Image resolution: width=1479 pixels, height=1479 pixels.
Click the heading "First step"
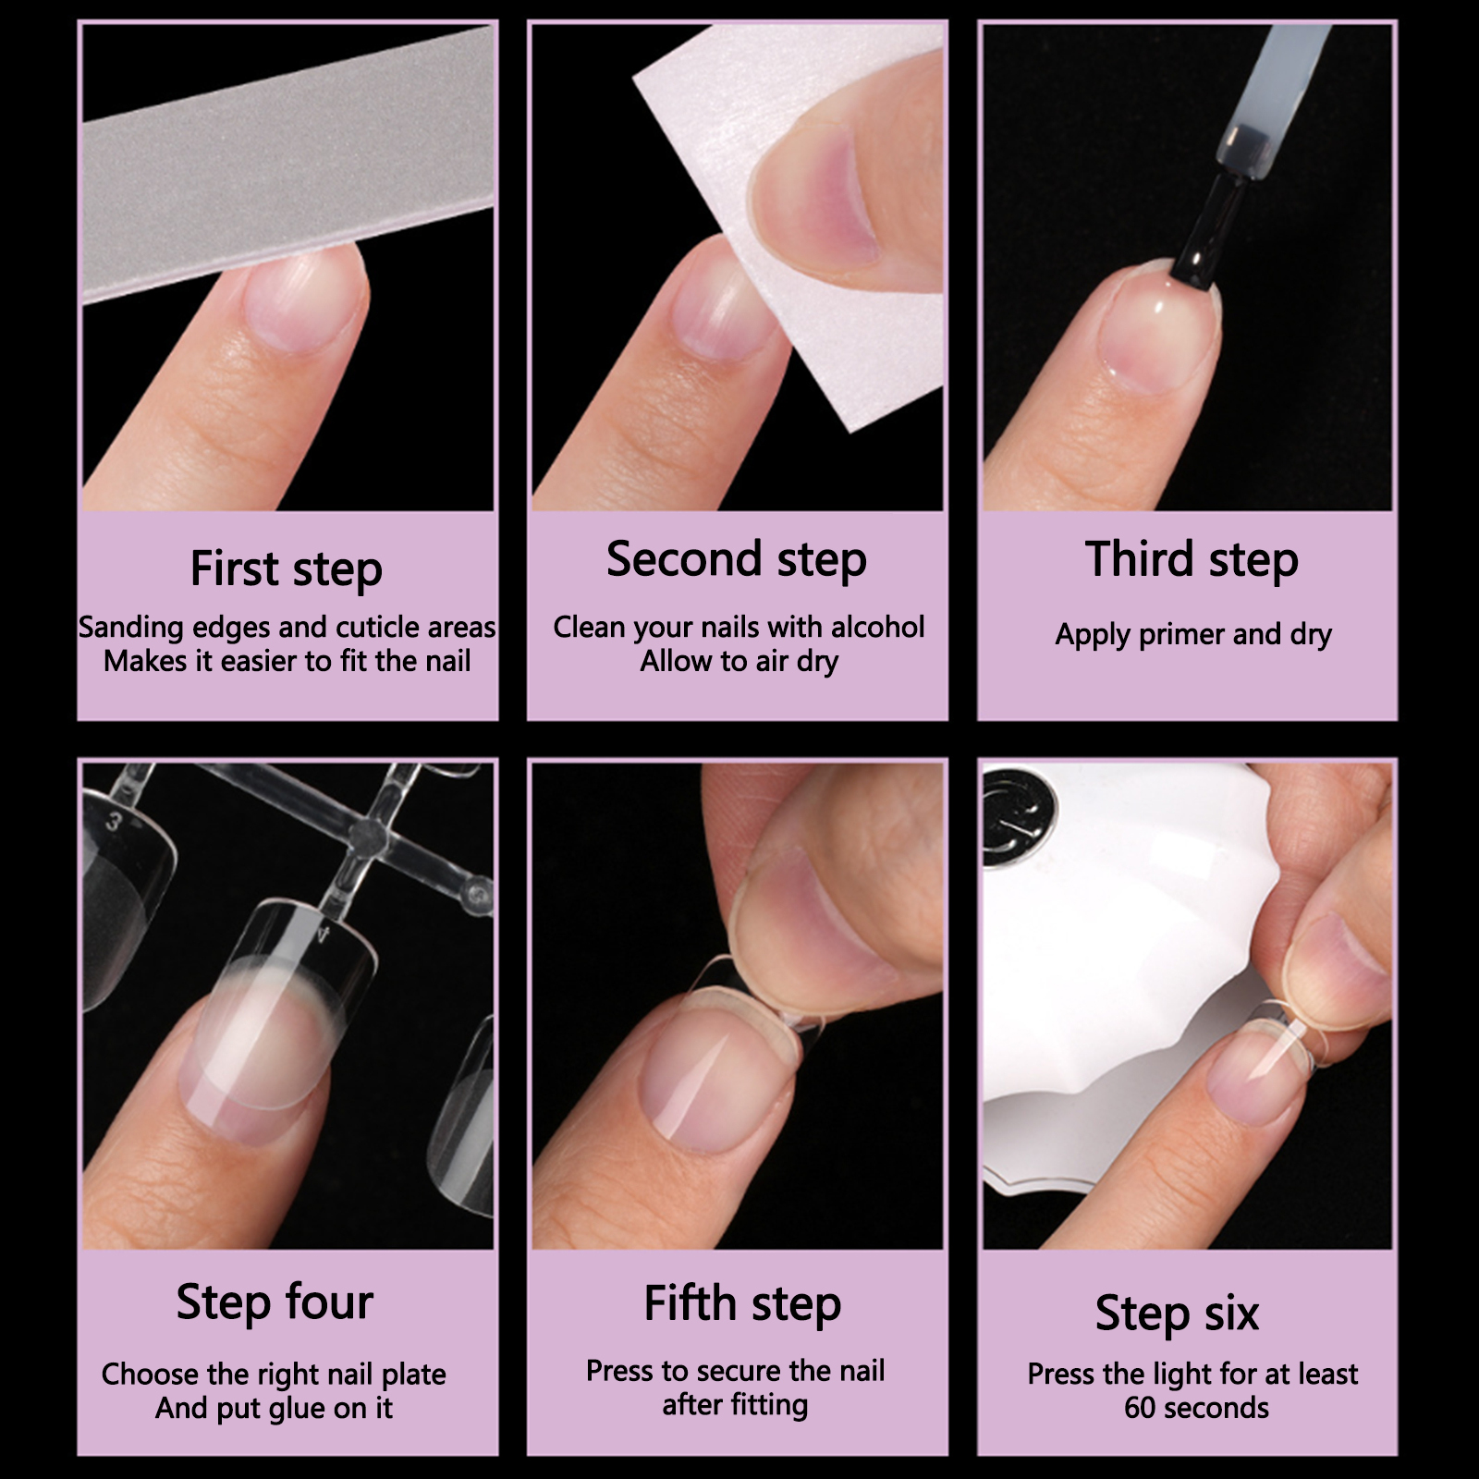point(287,568)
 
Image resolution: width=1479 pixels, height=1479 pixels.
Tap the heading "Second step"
point(737,559)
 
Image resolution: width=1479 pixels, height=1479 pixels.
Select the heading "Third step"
point(1192,559)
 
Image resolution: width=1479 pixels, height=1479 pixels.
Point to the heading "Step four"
point(275,1302)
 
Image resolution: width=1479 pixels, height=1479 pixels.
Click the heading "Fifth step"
point(742,1303)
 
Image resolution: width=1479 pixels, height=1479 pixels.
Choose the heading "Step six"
point(1177,1313)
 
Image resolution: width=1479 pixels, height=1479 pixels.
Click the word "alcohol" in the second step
point(877,627)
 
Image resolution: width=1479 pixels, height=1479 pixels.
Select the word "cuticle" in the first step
point(379,628)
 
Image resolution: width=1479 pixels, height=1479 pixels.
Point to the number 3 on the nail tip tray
point(114,821)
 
